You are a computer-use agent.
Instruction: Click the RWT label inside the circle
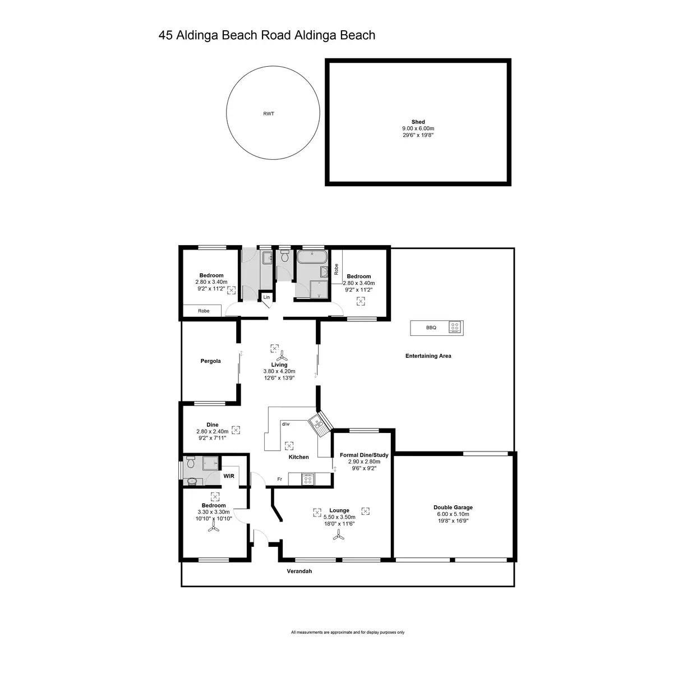point(269,114)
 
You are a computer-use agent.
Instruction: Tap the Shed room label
point(418,122)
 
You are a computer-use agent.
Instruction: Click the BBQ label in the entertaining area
point(431,328)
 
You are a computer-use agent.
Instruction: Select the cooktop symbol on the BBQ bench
point(455,328)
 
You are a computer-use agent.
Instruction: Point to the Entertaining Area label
point(428,356)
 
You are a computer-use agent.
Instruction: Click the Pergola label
point(210,361)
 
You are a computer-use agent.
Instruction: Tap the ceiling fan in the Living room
point(283,356)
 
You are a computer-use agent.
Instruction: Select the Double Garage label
point(453,508)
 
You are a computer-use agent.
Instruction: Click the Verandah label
point(299,571)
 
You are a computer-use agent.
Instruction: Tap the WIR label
point(229,476)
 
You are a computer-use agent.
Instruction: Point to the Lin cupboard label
point(266,297)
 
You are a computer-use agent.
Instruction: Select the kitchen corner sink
point(319,425)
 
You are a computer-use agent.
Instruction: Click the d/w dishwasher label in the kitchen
point(285,424)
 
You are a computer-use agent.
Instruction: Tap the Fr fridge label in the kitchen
point(279,479)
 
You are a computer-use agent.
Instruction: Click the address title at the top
point(267,35)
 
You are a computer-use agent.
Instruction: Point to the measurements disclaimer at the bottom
point(348,632)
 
